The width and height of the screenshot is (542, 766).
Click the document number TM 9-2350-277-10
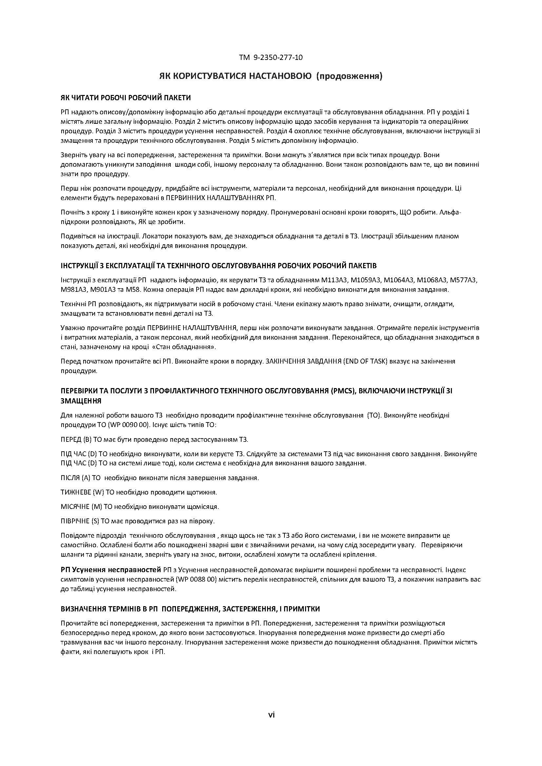[271, 57]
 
